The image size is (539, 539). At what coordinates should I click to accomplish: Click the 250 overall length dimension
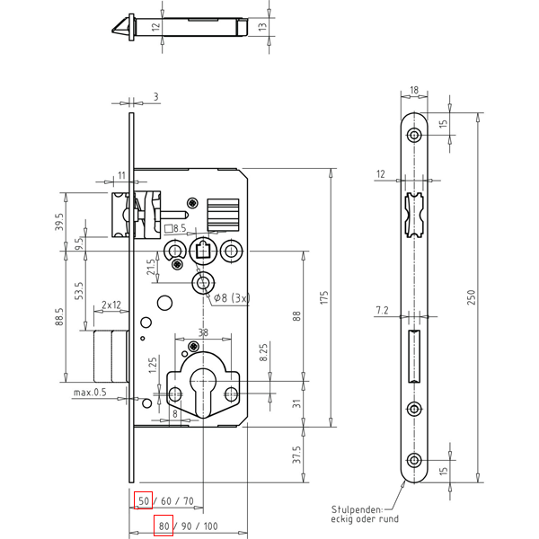(471, 297)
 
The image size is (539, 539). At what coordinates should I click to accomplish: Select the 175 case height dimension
(324, 297)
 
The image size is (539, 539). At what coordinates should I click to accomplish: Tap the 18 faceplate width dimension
(414, 90)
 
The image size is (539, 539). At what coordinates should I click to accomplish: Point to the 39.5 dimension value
(60, 222)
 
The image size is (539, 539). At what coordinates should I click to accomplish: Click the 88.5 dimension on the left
(60, 316)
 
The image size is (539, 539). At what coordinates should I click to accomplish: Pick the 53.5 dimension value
(79, 291)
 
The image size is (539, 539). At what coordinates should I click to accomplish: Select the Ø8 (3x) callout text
(232, 297)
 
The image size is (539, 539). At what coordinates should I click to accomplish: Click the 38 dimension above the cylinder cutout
(203, 332)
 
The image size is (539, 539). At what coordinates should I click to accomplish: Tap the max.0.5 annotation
(90, 393)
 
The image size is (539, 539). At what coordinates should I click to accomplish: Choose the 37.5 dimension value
(296, 455)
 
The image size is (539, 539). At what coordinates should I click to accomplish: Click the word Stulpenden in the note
(357, 509)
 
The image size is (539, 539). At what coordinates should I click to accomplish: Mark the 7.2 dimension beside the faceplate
(382, 311)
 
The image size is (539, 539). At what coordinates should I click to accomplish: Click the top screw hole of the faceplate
(414, 135)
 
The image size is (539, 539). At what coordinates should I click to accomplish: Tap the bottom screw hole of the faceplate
(414, 460)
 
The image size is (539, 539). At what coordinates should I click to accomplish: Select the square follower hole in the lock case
(203, 251)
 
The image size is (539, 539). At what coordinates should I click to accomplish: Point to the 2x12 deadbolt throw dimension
(111, 305)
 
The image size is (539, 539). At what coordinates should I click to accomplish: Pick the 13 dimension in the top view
(262, 26)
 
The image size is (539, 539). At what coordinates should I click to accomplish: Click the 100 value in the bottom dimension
(211, 526)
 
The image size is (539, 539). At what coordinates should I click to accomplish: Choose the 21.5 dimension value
(151, 267)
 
